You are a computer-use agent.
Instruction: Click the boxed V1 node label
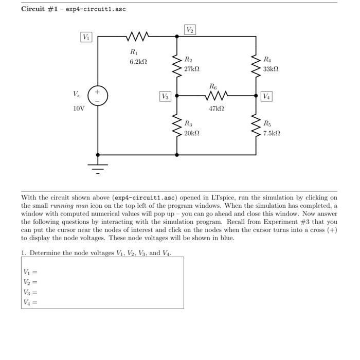86,37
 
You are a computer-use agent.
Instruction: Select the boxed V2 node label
190,30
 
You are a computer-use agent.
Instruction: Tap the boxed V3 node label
165,96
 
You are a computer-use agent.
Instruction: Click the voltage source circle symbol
98,96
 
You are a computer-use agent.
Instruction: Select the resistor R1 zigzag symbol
137,37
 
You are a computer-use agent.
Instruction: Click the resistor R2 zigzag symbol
177,66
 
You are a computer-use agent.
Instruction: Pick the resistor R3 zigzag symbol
177,125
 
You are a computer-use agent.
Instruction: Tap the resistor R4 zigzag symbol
256,66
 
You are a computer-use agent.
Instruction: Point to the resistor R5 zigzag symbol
256,125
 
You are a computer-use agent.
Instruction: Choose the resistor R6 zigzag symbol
217,96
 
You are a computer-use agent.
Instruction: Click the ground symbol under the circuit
98,166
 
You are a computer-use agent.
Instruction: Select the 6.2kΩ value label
138,62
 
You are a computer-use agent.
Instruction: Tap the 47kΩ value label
217,109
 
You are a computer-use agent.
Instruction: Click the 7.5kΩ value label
272,133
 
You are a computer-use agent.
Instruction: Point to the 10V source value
78,109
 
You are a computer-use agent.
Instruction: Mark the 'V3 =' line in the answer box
30,292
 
